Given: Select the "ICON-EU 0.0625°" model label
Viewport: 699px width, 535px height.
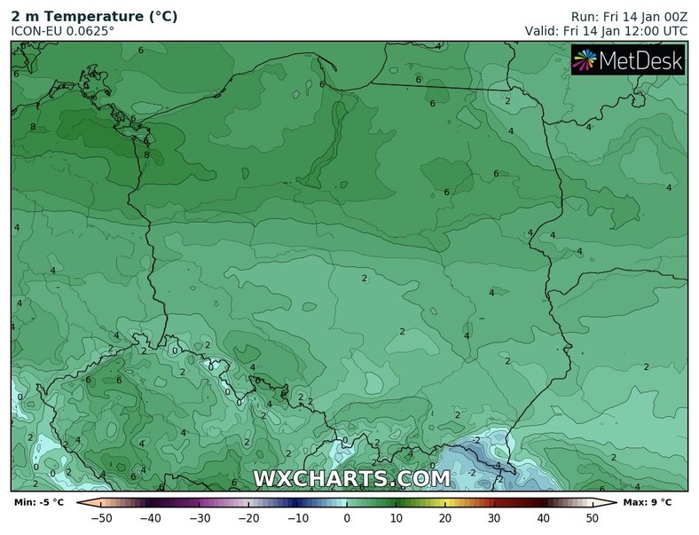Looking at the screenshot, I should tap(62, 31).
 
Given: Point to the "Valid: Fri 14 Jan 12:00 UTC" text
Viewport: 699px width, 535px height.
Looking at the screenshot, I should tap(606, 31).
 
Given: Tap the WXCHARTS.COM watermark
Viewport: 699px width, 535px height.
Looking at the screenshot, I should tap(352, 478).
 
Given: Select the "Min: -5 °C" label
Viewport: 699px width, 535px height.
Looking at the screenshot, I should tap(39, 503).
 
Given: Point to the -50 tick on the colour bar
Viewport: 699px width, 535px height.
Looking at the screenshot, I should tap(101, 517).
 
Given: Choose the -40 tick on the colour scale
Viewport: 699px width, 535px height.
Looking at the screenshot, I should tap(150, 517).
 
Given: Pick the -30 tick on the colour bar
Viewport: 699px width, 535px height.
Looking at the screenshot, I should tap(200, 517).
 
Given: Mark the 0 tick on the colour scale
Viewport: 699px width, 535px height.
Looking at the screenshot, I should tap(347, 517).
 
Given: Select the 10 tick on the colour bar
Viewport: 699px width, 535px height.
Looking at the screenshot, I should tap(396, 517).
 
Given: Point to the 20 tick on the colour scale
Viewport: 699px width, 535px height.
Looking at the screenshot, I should tap(444, 517).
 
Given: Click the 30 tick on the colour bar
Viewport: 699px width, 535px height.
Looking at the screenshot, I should tap(493, 517).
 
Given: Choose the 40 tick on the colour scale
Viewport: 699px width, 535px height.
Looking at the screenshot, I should tap(543, 517).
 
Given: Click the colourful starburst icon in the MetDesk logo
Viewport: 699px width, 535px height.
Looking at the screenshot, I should tap(585, 60).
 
